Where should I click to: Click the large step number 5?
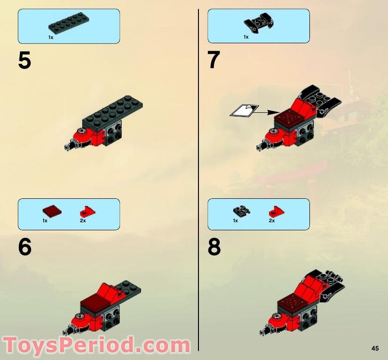tap(24, 61)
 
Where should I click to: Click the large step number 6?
tap(24, 248)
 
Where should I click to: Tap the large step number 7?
tap(214, 61)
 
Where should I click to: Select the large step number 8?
tap(214, 248)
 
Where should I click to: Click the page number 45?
tap(374, 348)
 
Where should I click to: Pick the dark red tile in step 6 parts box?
tap(52, 211)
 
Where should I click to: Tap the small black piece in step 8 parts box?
tap(241, 211)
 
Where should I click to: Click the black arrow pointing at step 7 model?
tap(266, 112)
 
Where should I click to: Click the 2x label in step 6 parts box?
tap(83, 220)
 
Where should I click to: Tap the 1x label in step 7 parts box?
tap(245, 37)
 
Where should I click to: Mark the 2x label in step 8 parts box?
tap(272, 220)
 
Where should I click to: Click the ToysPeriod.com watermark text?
tap(96, 346)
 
